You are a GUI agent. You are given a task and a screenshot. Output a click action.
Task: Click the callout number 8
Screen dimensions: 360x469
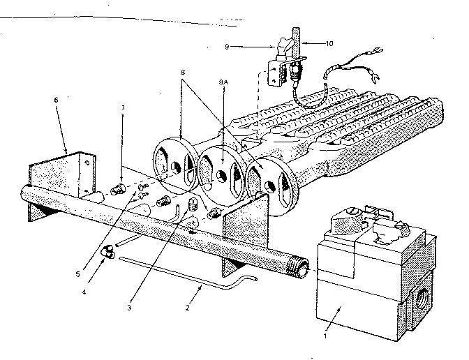(183, 71)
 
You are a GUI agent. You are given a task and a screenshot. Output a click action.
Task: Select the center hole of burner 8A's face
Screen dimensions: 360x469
(221, 167)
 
